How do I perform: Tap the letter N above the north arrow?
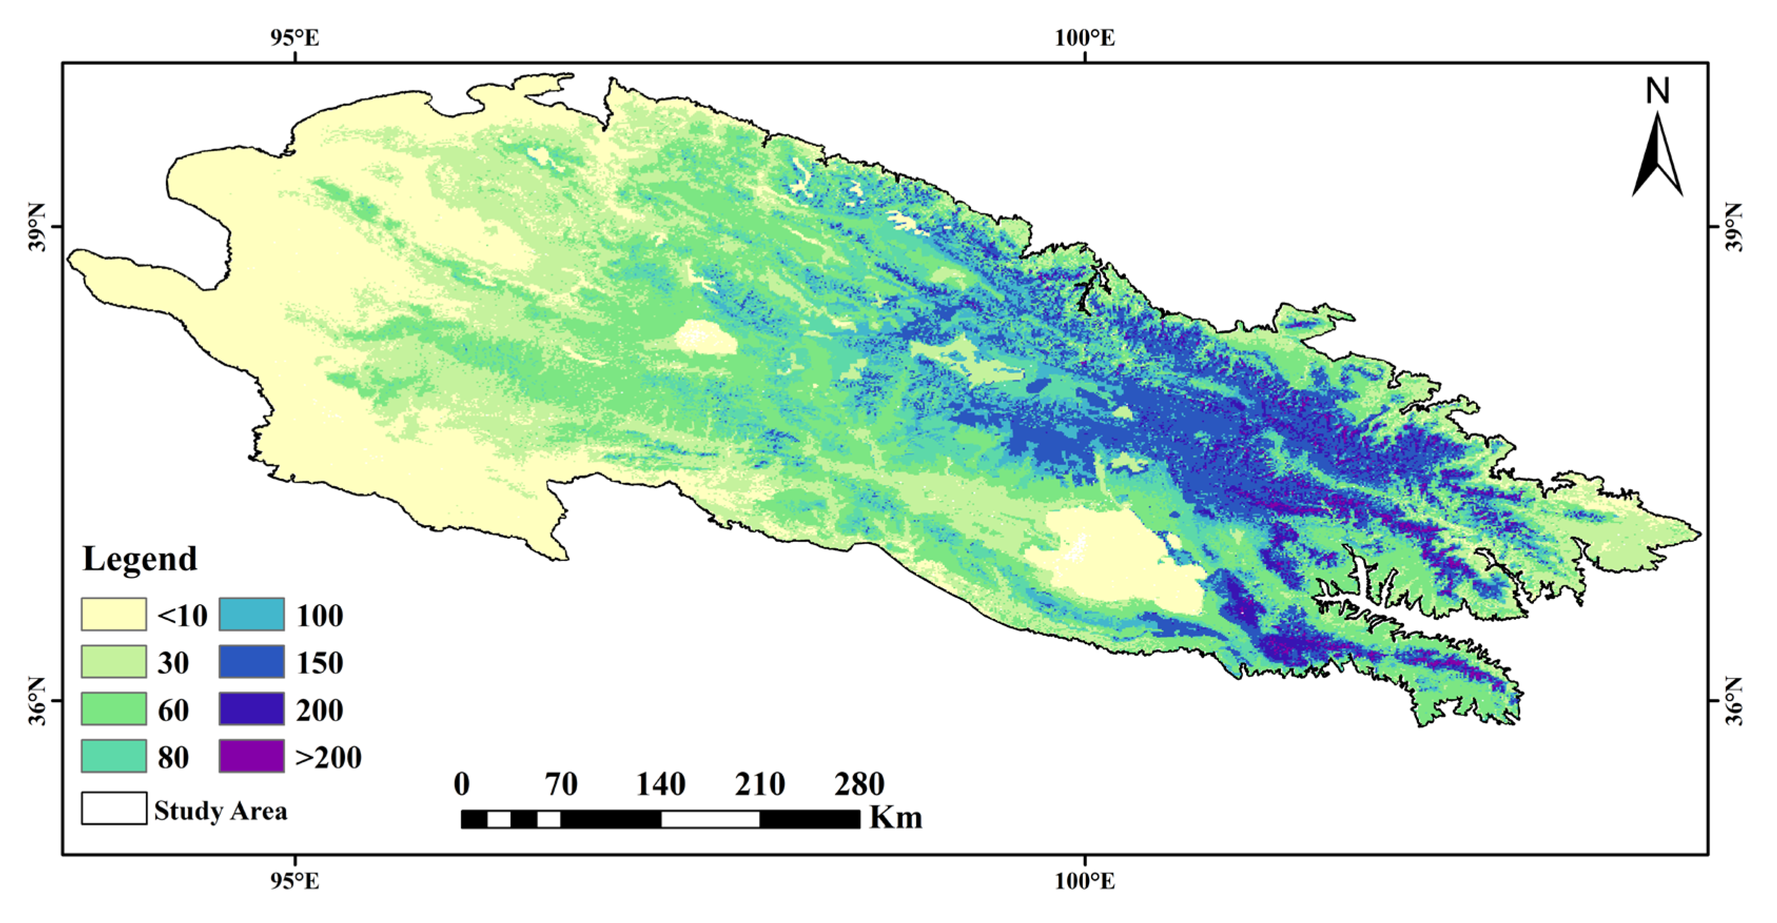point(1658,91)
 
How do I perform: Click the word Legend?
point(140,559)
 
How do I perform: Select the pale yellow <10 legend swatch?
point(114,614)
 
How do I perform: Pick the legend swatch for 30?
point(114,662)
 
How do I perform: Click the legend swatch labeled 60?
point(114,708)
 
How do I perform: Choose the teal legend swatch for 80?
point(114,756)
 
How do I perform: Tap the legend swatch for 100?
point(252,614)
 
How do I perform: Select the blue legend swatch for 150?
point(252,662)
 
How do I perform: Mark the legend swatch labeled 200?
point(252,708)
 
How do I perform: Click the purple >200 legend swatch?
point(252,756)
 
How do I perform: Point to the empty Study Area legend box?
point(114,808)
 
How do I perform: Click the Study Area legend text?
point(221,811)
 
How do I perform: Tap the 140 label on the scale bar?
point(660,784)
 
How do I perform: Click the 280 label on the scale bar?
point(860,784)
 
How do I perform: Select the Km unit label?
point(896,818)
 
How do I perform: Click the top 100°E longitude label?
point(1084,38)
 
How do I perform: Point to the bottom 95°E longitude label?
point(295,881)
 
